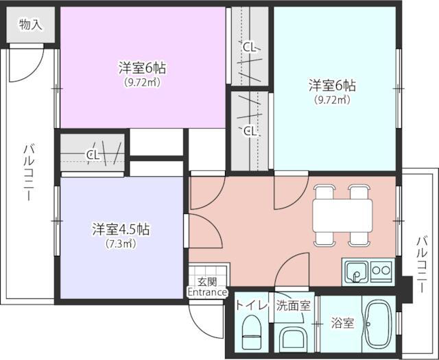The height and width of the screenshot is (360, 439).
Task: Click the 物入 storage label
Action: [31, 25]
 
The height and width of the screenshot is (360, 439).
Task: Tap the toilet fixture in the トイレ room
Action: [252, 331]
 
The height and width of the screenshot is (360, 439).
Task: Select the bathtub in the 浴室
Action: [378, 324]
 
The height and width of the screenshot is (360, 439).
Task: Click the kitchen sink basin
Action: [356, 272]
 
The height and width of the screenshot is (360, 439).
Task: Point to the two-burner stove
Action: [381, 271]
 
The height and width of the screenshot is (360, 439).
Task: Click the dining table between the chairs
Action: [342, 215]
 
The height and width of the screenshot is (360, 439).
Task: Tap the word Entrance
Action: [207, 292]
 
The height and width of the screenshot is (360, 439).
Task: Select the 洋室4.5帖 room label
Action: [121, 230]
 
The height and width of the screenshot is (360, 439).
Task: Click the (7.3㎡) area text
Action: [121, 243]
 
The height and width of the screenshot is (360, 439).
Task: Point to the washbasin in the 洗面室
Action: [294, 337]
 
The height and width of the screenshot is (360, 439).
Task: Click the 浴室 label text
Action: [343, 323]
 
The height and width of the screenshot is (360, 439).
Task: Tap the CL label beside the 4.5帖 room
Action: [93, 155]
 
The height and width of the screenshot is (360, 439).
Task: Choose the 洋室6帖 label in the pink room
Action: [142, 68]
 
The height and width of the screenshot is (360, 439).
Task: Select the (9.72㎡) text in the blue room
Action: [332, 99]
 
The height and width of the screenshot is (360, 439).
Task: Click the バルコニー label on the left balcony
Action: [29, 173]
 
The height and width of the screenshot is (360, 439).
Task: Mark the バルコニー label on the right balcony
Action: [423, 264]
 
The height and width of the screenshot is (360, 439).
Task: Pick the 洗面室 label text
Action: [294, 306]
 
